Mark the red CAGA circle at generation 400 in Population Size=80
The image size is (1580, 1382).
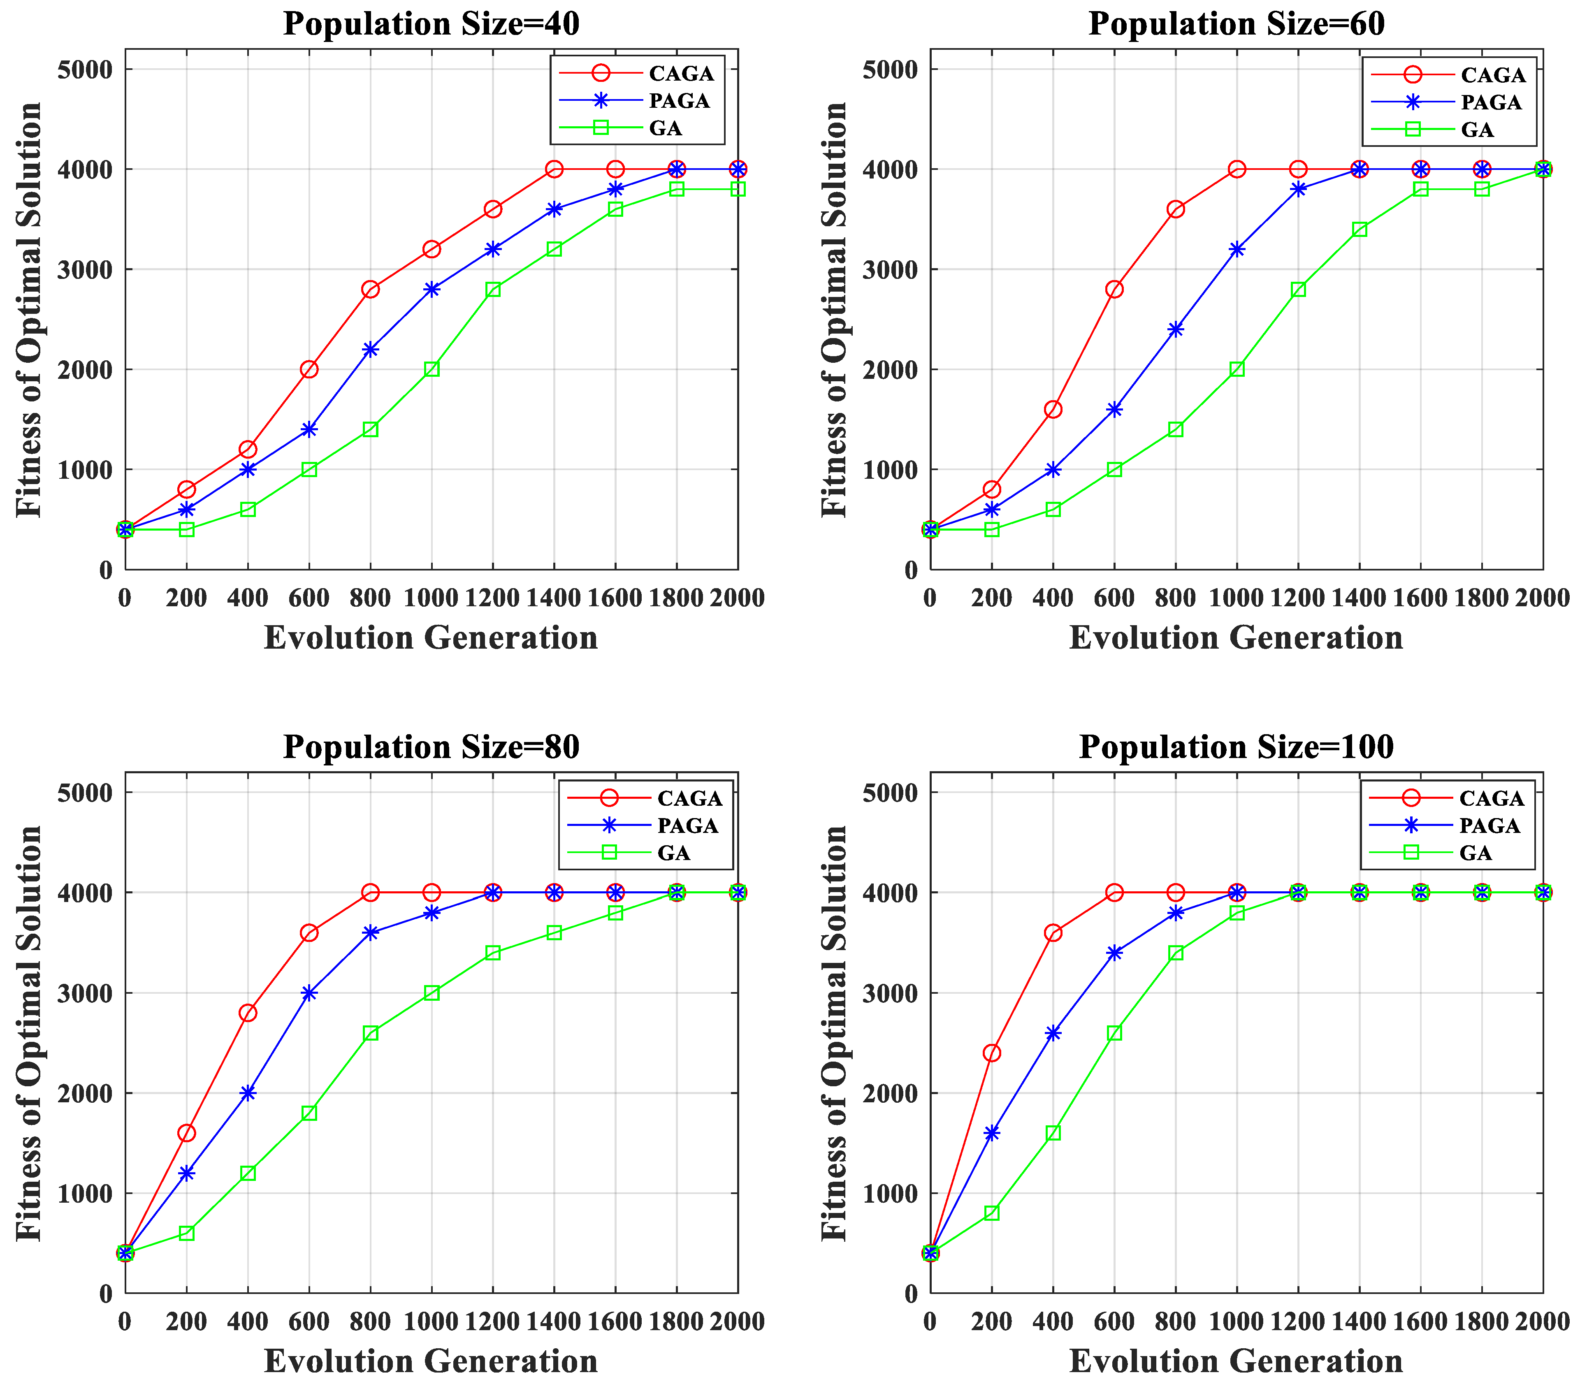pos(248,1013)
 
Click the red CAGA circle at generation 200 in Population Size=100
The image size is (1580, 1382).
pos(992,1053)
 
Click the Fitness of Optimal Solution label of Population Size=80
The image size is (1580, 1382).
pos(29,1033)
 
